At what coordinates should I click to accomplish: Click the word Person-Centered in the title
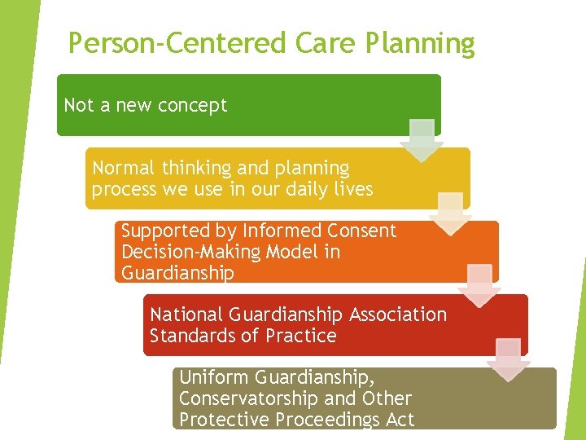point(164,43)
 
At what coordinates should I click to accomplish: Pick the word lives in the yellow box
point(353,189)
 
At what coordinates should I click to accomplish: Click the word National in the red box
point(186,315)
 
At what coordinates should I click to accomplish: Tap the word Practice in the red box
point(297,336)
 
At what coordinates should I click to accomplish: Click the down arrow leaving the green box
point(422,140)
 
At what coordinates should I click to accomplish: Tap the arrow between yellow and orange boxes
point(451,213)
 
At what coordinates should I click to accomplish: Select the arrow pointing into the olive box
point(509,359)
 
